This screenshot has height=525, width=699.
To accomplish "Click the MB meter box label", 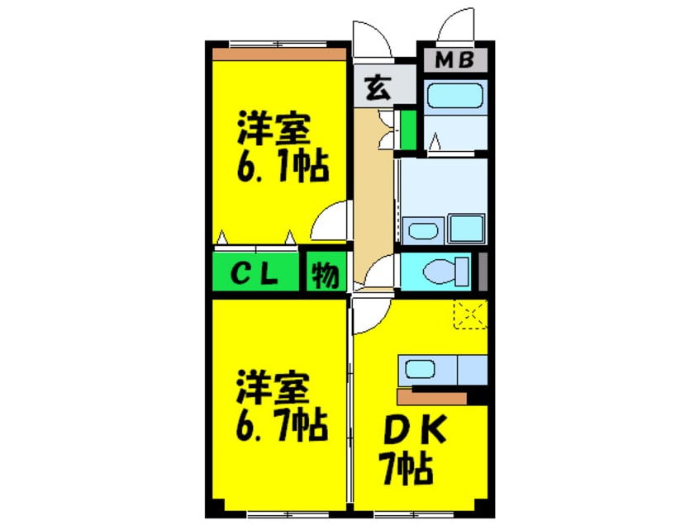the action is click(x=454, y=60).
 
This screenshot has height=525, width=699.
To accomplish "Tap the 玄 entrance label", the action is click(x=378, y=87).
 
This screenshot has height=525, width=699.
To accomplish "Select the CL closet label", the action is click(x=254, y=274).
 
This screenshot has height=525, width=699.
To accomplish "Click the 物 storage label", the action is click(x=325, y=275).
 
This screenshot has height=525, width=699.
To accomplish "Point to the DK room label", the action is click(x=415, y=430).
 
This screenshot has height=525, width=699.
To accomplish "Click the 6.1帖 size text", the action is click(x=283, y=167).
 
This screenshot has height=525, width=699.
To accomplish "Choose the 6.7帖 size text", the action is click(x=282, y=425).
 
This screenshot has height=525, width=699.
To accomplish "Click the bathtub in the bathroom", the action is click(x=454, y=96).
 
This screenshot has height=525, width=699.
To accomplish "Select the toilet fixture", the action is click(x=445, y=272).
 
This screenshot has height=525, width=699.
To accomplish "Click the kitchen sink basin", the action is click(x=420, y=369).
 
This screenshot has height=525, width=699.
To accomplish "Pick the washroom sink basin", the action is click(x=423, y=231).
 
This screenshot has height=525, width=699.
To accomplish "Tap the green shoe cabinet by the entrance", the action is click(x=408, y=130).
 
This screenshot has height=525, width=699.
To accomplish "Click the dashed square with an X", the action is click(x=470, y=315).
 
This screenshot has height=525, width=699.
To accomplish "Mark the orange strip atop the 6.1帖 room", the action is click(x=279, y=54).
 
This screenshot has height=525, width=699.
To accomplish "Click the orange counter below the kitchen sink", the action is click(x=432, y=398).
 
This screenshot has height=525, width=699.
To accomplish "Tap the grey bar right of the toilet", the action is click(x=483, y=272).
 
